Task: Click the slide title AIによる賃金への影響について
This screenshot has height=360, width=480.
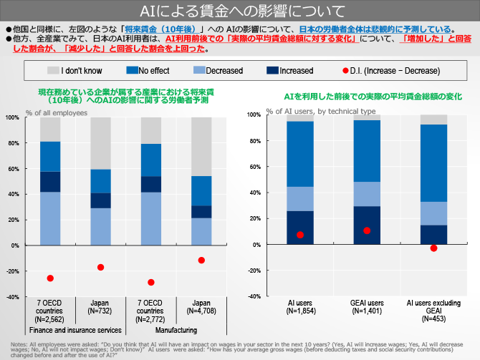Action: click(x=239, y=11)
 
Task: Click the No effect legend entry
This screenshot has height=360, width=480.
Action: click(x=153, y=71)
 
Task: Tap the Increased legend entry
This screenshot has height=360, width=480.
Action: click(x=289, y=71)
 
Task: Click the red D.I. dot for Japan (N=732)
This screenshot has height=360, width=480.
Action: click(x=100, y=267)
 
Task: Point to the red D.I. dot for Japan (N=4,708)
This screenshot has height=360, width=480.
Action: click(x=201, y=260)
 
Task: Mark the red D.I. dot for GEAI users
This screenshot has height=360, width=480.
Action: click(x=367, y=230)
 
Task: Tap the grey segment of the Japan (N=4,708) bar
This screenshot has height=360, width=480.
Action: click(x=201, y=146)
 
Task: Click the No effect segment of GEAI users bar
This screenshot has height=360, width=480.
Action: click(x=367, y=151)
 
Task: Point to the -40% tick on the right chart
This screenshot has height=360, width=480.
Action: click(x=254, y=296)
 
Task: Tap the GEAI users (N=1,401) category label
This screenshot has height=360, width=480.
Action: click(x=367, y=308)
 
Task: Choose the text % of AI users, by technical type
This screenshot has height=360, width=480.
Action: click(x=321, y=112)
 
